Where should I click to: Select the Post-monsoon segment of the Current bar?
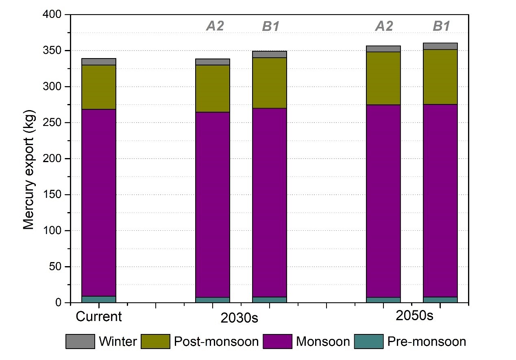pos(99,87)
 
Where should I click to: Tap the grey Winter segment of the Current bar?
pos(99,62)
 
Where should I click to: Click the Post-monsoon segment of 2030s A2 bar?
pos(213,89)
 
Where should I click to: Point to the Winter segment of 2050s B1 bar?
pos(440,46)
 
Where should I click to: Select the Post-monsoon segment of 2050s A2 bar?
pos(383,78)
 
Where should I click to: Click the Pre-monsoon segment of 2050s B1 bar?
pos(440,300)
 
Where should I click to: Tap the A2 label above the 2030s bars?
pos(215,26)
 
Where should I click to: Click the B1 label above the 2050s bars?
pos(442,26)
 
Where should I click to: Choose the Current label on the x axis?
pos(99,317)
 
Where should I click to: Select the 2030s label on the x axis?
pos(239,318)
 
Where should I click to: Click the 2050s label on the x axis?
pos(415,316)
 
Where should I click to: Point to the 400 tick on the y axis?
pos(56,15)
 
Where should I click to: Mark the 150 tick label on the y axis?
pos(56,195)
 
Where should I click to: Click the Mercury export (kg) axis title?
pos(28,171)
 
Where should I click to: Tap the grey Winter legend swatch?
pos(80,341)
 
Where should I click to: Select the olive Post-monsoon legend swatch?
pos(155,341)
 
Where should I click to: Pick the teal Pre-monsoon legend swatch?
pos(369,341)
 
